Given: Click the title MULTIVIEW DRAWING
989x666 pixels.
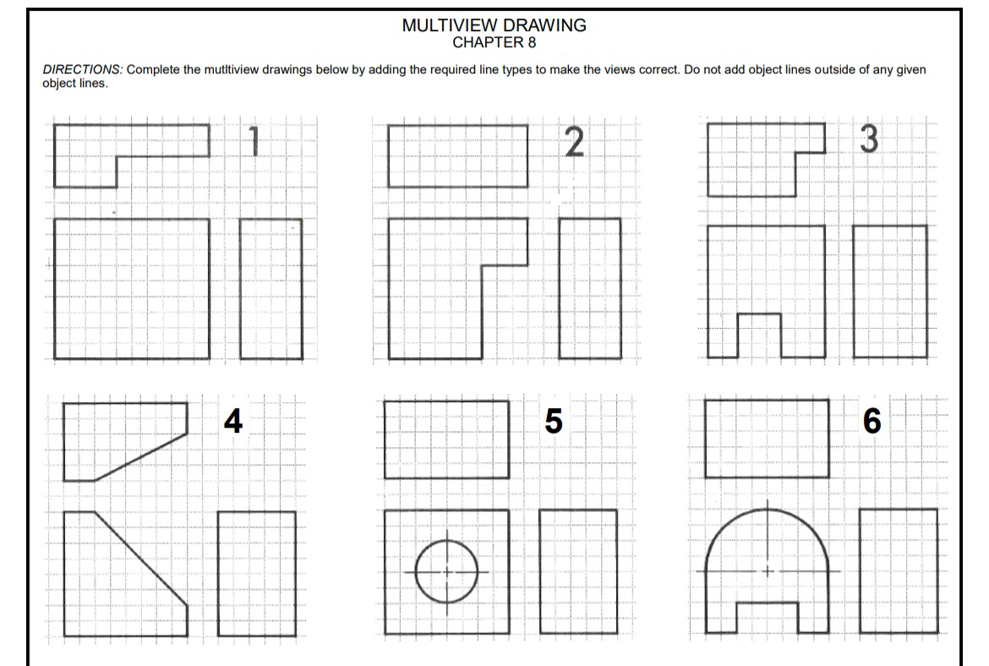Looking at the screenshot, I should (x=494, y=25).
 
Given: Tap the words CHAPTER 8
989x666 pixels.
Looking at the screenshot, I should (x=494, y=42).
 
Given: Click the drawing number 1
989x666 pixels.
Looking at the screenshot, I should (x=251, y=141).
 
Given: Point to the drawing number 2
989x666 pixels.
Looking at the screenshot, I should (x=573, y=142).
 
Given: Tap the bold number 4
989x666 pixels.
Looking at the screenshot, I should (x=232, y=420).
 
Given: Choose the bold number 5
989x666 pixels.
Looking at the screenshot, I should (x=553, y=420).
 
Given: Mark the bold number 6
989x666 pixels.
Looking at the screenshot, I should (x=872, y=420).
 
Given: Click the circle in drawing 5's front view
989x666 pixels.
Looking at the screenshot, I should (x=447, y=571).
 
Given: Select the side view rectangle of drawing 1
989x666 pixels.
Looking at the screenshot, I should (x=270, y=288).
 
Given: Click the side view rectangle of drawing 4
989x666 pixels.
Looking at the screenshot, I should (x=256, y=573).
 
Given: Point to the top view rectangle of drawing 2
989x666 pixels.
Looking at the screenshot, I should (x=457, y=156).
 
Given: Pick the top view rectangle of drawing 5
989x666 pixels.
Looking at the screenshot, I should (x=446, y=439).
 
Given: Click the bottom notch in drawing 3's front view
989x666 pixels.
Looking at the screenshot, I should (x=758, y=336).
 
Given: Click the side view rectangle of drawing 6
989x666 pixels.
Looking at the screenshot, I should (x=899, y=570).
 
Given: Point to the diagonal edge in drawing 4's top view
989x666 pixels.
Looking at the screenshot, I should (x=140, y=457).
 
